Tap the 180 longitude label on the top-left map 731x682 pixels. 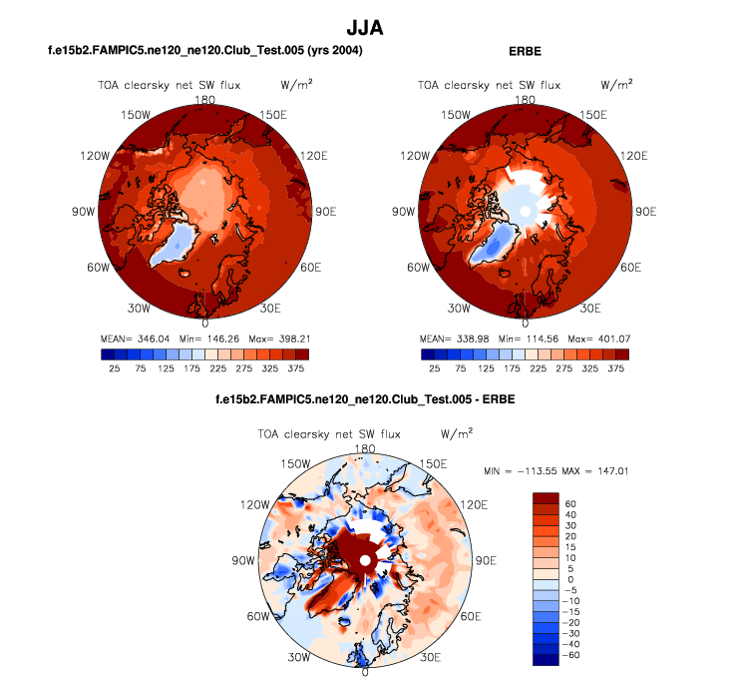[206, 99]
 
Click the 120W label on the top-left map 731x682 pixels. [94, 157]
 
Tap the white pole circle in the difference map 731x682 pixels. [366, 562]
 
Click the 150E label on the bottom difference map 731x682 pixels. [433, 464]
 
